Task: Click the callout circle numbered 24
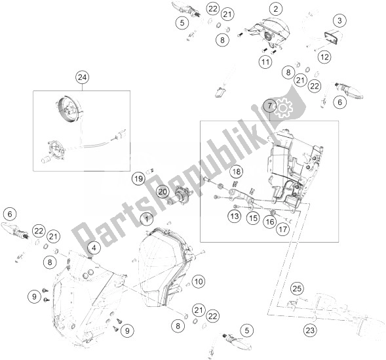point(82,77)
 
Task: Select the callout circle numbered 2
point(276,9)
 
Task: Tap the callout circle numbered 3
point(339,21)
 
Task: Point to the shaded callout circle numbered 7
point(270,106)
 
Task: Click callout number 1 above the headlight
point(147,219)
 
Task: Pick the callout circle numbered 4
point(94,249)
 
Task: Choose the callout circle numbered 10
point(199,281)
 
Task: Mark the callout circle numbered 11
point(265,62)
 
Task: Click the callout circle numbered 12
point(324,57)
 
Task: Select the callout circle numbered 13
point(235,216)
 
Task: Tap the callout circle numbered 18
point(237,172)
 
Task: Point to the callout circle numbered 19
point(138,178)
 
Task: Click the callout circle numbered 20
point(163,191)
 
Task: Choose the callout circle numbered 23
point(310,330)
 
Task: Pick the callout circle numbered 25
point(297,289)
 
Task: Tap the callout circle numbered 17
point(283,230)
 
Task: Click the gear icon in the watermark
point(284,108)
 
